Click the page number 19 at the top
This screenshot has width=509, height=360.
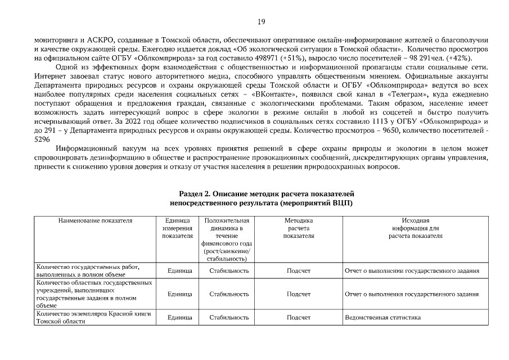pos(261,22)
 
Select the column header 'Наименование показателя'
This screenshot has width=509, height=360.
pos(95,222)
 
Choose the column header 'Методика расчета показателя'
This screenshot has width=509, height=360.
pos(298,229)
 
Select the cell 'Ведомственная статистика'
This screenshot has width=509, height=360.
pos(382,318)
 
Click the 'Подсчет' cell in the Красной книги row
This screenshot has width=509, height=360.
pos(298,318)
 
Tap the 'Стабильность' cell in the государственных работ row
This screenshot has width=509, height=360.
pos(229,271)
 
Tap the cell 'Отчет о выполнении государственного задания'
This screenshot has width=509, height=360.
pos(412,271)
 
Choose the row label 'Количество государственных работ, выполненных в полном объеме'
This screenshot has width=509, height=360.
pos(87,271)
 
